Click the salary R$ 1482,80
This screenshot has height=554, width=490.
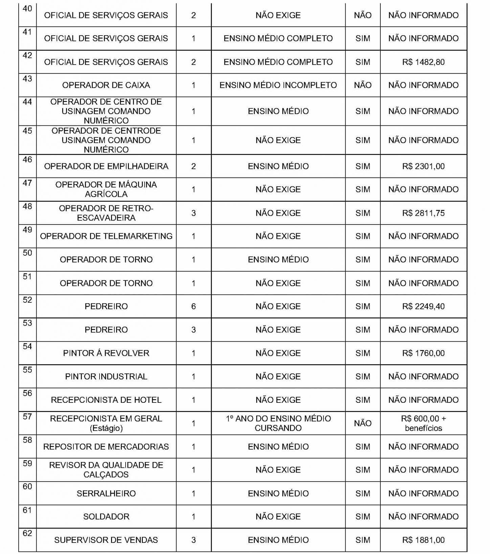[x=423, y=62]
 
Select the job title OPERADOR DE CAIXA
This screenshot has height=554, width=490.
[x=106, y=85]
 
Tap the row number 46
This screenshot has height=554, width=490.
[x=27, y=160]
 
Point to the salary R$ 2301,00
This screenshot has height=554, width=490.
[x=423, y=166]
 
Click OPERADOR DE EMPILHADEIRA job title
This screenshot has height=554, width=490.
[x=106, y=166]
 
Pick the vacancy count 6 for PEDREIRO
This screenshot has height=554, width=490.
[x=194, y=306]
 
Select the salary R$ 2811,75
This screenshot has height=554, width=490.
[x=423, y=213]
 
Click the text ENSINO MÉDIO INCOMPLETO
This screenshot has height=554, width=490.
[x=278, y=85]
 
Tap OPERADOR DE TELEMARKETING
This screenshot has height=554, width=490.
[x=106, y=236]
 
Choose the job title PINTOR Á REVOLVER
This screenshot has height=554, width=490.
[x=106, y=353]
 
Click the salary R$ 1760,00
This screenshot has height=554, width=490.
[x=423, y=353]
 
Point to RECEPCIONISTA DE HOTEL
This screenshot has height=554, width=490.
[x=106, y=400]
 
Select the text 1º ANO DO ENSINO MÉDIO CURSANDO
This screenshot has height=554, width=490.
[x=278, y=423]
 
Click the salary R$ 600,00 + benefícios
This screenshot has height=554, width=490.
[x=423, y=423]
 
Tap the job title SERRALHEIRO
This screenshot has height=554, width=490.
[x=106, y=493]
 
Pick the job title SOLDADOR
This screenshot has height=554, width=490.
[x=106, y=517]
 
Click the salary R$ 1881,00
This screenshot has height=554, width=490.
[x=423, y=540]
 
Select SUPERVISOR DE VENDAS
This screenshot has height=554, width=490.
[x=106, y=540]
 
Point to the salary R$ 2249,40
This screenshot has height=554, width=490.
[x=423, y=306]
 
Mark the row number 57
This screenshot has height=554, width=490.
[x=27, y=417]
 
